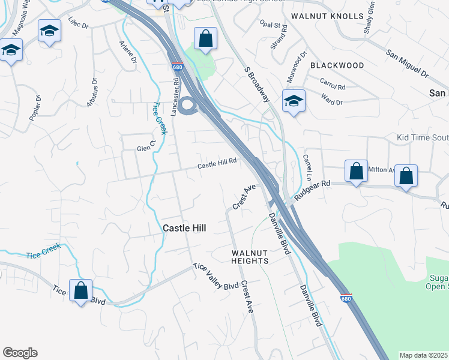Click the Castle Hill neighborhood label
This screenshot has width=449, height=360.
point(184,228)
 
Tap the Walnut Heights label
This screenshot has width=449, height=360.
point(250,257)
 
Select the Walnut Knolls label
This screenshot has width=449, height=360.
point(327,16)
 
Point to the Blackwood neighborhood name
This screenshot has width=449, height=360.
point(337,65)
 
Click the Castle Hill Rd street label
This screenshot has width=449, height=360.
point(218,162)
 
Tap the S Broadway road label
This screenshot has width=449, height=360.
point(256,85)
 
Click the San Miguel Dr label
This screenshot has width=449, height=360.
point(407,64)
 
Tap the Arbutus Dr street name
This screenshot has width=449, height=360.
point(91,93)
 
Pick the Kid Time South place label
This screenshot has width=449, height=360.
point(423,138)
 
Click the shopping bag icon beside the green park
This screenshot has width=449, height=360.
point(205,39)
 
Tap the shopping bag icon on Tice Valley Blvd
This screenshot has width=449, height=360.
point(80,291)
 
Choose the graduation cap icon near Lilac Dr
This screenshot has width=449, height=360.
point(49,31)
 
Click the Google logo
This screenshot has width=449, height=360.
point(20,353)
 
